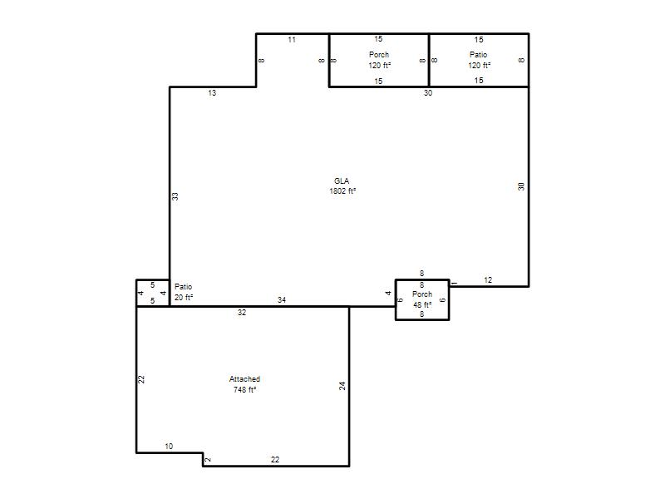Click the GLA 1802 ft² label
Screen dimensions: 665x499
(342, 185)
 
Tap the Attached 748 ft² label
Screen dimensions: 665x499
(244, 384)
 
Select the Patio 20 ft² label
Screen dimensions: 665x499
(184, 292)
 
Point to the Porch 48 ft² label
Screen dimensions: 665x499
(422, 299)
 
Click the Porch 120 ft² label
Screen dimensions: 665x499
(379, 60)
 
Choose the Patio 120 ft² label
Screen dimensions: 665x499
(479, 60)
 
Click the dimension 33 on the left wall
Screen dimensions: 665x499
(175, 196)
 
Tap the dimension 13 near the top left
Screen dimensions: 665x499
(212, 93)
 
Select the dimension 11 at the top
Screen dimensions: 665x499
(292, 40)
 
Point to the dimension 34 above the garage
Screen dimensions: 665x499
(282, 300)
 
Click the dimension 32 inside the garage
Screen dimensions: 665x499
(242, 313)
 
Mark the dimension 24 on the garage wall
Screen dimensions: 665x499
(342, 386)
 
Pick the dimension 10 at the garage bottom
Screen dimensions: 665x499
(169, 447)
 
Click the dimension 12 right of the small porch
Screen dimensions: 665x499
(488, 280)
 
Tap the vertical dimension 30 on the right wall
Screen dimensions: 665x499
(521, 186)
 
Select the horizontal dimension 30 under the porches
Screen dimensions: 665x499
(428, 93)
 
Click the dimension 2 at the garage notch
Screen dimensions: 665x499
(208, 460)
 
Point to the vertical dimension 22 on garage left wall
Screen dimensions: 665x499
(141, 379)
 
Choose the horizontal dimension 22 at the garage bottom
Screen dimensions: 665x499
(275, 460)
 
